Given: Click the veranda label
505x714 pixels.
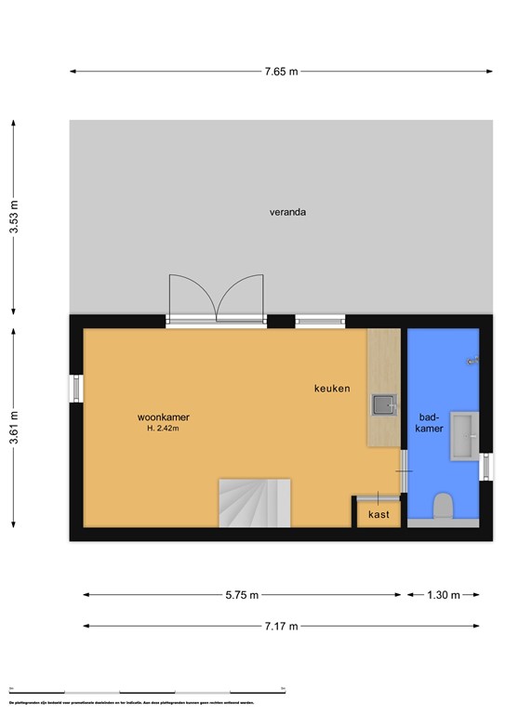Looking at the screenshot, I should click(287, 212).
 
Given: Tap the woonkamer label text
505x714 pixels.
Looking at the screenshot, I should click(168, 417).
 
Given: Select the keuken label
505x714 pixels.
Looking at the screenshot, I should click(332, 389).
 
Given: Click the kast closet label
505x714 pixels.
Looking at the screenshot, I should click(379, 514).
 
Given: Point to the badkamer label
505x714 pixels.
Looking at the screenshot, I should click(430, 424).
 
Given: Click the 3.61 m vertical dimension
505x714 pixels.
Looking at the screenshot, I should click(12, 427).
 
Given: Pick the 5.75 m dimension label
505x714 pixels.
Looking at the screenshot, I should click(240, 595).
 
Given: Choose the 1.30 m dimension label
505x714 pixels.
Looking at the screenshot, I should click(442, 595).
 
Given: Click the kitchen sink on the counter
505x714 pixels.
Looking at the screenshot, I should click(383, 404).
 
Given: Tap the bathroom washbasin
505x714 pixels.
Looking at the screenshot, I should click(464, 437).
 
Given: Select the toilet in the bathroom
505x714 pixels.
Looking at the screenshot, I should click(443, 508).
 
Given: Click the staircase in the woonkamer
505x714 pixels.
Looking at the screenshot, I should click(255, 502).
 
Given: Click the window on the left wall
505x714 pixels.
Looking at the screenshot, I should click(76, 389).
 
